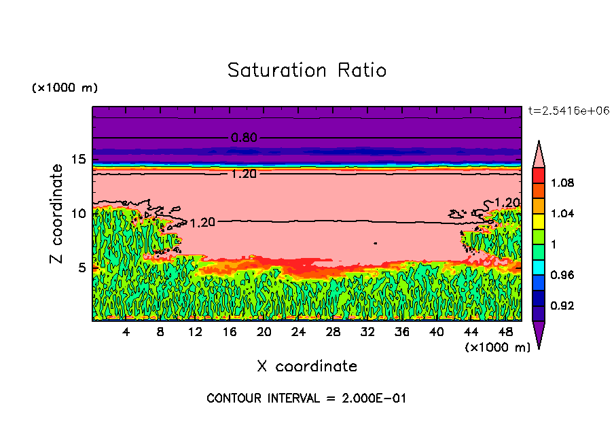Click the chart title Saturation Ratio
coord(307,71)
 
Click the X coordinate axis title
coord(307,367)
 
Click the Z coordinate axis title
coord(57,214)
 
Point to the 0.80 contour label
coord(244,138)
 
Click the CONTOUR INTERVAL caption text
coord(306,399)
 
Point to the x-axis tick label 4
coord(126,333)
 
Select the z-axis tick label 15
coord(79,160)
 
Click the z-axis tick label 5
coord(82,267)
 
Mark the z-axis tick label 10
coord(79,213)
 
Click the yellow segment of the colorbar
coord(538,221)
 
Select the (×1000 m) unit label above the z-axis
coord(65,88)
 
